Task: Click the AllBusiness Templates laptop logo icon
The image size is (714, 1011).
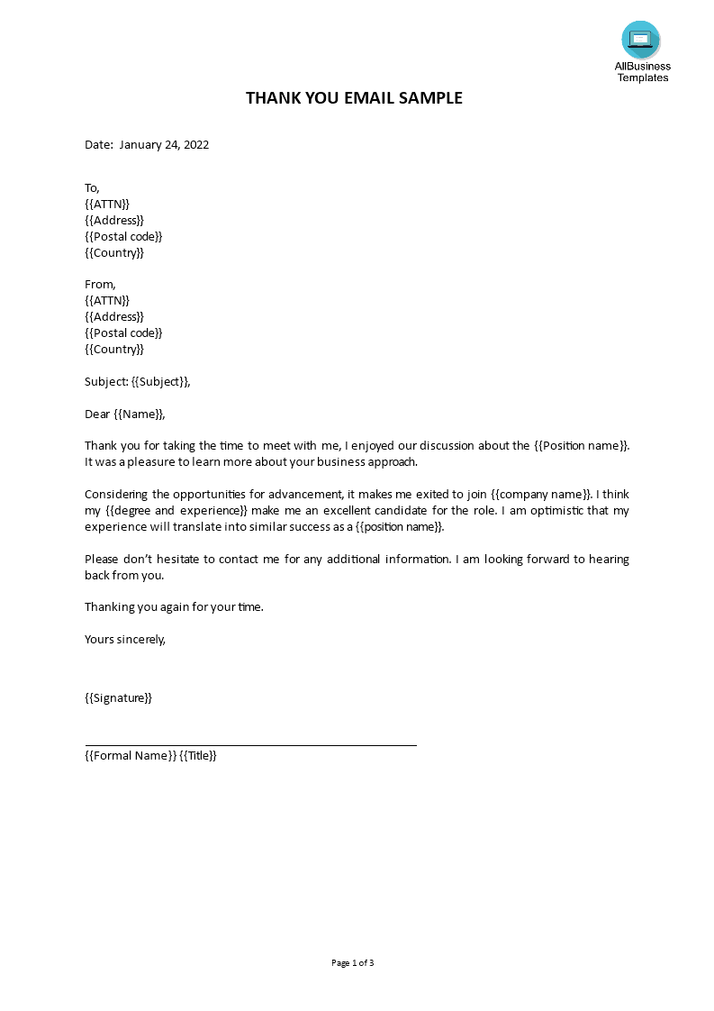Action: (x=640, y=40)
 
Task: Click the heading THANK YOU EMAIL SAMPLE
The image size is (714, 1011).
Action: (x=354, y=98)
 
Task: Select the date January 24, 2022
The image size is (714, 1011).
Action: (x=164, y=144)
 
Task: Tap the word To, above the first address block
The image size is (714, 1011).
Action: (x=92, y=187)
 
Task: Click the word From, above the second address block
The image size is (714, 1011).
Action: (x=100, y=285)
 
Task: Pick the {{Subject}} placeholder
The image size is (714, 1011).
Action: (x=159, y=381)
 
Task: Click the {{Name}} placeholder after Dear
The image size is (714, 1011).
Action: (x=139, y=414)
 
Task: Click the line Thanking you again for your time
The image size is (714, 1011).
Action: (x=174, y=606)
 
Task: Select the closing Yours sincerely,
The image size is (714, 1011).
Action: (x=125, y=639)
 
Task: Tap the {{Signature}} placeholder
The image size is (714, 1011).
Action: (x=118, y=697)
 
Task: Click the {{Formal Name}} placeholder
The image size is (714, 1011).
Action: (x=130, y=755)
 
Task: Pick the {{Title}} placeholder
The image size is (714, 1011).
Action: (x=198, y=755)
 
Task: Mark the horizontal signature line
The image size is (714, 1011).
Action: (x=250, y=745)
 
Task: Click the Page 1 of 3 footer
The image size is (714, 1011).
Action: (x=353, y=963)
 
